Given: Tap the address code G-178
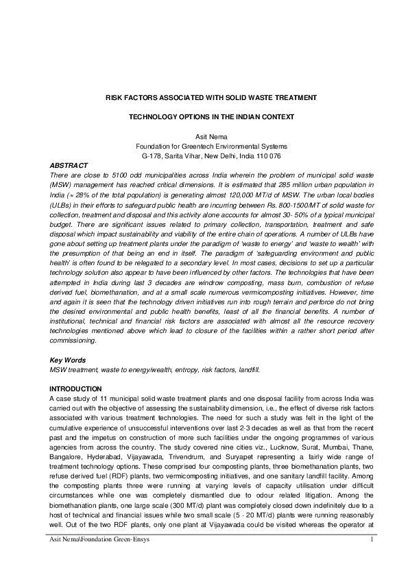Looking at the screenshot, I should pos(151,156).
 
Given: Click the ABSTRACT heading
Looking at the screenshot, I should pos(69,165).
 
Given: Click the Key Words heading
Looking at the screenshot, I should pos(66,359).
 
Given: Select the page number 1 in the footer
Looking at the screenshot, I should pos(371,559).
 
